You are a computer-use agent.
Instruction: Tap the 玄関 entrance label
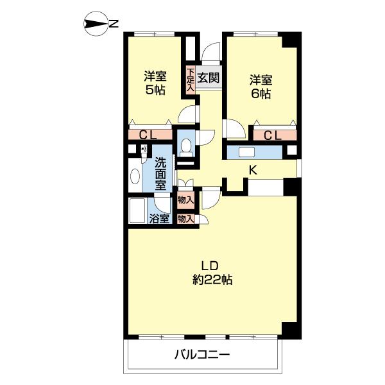[x=208, y=78]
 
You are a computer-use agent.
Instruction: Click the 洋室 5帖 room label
[x=155, y=83]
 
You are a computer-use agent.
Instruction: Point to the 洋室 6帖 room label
[x=261, y=87]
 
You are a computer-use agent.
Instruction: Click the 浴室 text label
[x=160, y=219]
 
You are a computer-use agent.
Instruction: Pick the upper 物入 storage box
[x=185, y=200]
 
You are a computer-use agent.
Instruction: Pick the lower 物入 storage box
[x=185, y=218]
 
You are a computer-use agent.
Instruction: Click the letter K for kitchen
[x=253, y=170]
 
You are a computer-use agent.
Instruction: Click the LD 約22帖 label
[x=211, y=273]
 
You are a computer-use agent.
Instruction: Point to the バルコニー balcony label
[x=202, y=354]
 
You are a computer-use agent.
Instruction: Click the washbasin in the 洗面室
[x=135, y=176]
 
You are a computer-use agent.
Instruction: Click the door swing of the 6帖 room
[x=233, y=128]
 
